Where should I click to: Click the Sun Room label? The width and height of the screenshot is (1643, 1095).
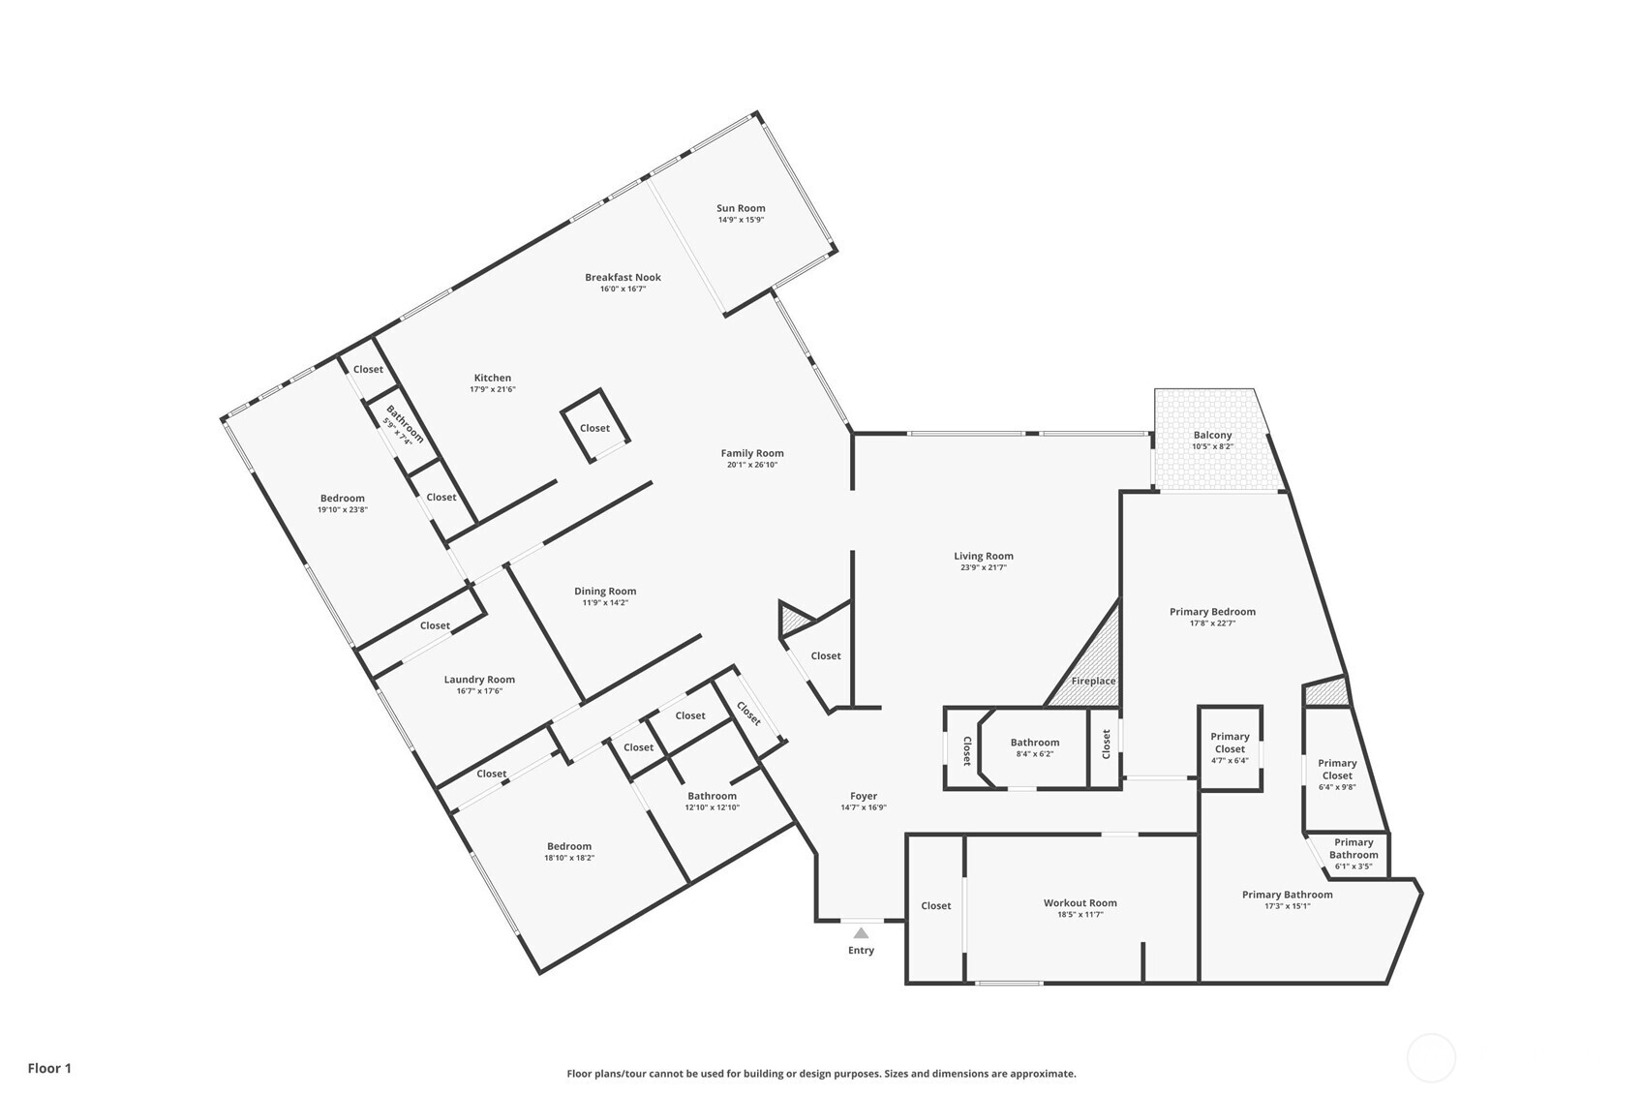[741, 208]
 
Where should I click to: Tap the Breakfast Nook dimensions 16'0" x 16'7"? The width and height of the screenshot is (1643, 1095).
[623, 289]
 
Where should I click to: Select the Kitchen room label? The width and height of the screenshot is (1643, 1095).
[492, 379]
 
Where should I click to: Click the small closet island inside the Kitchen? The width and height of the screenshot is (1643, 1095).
[594, 428]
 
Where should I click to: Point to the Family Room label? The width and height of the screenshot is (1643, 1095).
[751, 453]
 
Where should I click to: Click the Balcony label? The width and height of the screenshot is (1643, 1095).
[1212, 436]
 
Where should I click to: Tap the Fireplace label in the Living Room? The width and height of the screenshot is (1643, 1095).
[1093, 681]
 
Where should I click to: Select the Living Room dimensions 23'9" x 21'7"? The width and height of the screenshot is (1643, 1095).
[983, 568]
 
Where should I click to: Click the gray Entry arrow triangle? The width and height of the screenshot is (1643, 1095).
[861, 933]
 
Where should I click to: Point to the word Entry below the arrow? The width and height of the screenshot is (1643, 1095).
[861, 951]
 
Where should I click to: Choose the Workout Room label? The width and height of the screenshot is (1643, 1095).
[1080, 903]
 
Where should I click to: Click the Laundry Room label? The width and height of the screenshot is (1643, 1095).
[479, 680]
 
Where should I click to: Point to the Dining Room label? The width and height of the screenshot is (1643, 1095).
[605, 592]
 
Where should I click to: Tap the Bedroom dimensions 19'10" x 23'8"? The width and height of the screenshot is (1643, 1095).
[343, 510]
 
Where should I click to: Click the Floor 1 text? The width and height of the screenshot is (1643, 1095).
[49, 1069]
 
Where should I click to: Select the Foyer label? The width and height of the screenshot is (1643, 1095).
[863, 797]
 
